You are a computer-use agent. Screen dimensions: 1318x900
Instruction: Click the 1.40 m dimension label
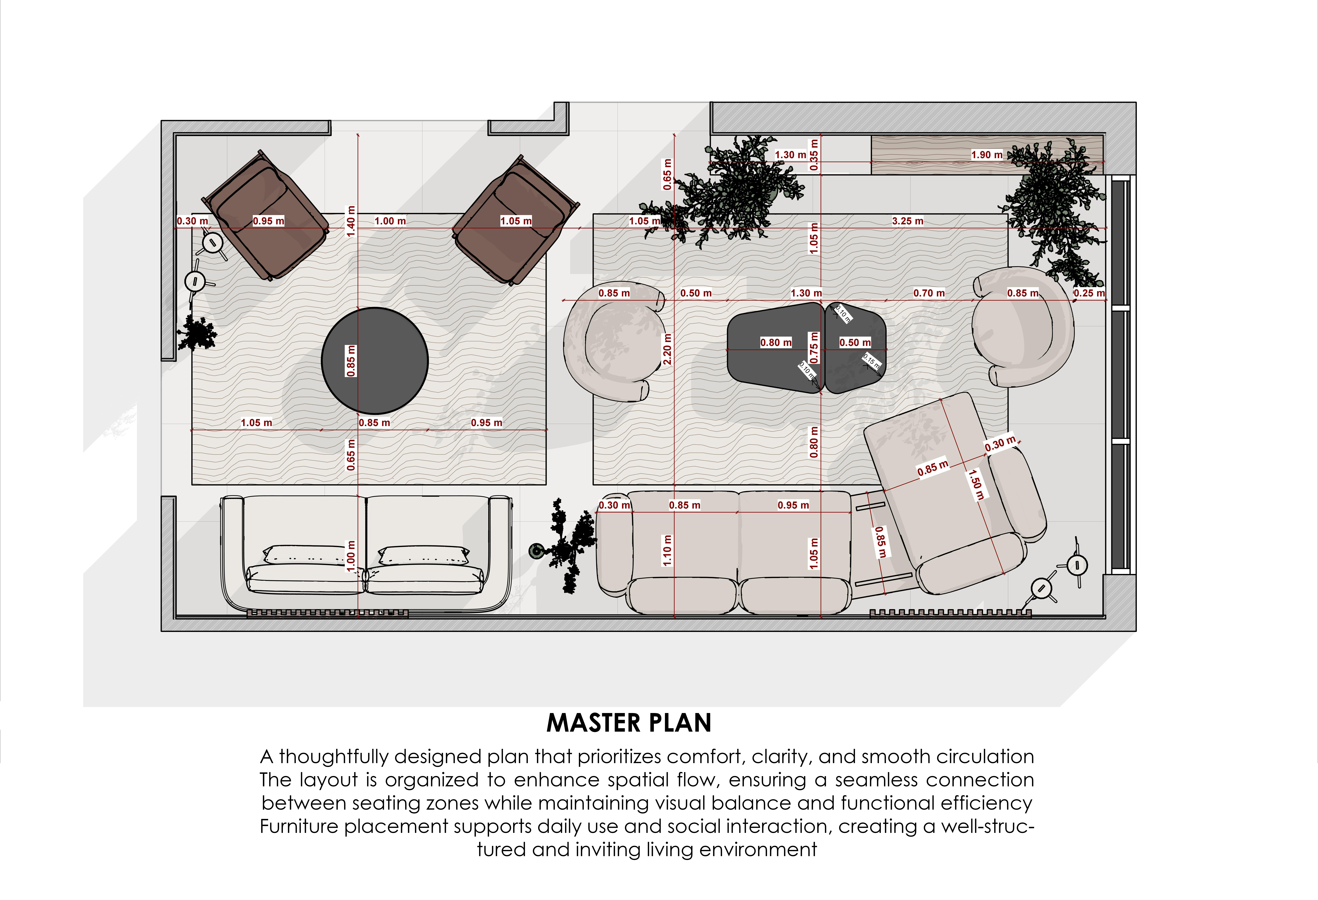[351, 221]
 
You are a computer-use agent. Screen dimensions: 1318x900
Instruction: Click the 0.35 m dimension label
[814, 155]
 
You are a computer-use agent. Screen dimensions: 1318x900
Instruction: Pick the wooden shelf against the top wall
[987, 154]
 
